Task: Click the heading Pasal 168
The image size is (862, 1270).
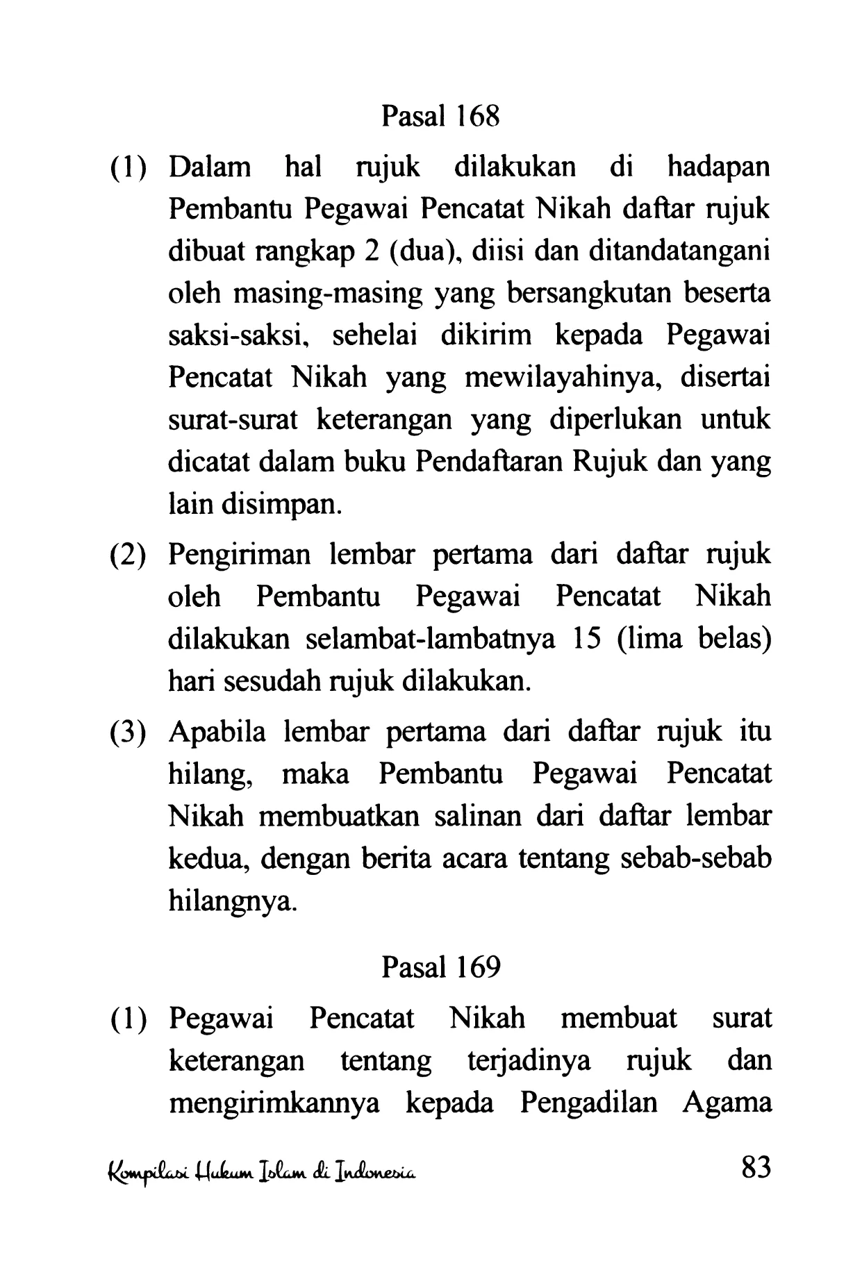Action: tap(440, 116)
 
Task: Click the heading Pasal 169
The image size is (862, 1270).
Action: tap(440, 967)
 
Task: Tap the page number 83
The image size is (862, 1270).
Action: tap(756, 1168)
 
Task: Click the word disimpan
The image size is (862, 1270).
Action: tap(281, 504)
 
